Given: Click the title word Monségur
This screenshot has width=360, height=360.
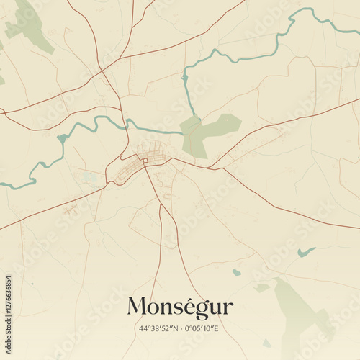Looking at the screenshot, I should click(x=180, y=307).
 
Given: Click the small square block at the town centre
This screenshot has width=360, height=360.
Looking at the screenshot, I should click(x=144, y=160).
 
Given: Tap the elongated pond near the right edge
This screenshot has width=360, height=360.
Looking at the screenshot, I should click(x=307, y=252).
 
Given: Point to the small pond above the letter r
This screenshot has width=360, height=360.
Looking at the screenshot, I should click(x=236, y=273).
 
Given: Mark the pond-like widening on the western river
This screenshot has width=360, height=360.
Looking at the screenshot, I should click(x=63, y=138).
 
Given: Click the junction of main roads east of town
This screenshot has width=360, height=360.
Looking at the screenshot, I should click(x=209, y=168).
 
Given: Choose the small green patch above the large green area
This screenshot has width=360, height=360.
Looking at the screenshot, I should click(x=262, y=287).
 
